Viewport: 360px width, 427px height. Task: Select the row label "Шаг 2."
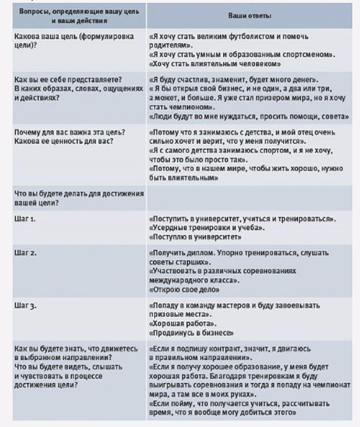tap(26, 252)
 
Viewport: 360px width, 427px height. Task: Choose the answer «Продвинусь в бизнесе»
tap(191, 333)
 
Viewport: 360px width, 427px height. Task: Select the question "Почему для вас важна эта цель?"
tap(71, 132)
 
